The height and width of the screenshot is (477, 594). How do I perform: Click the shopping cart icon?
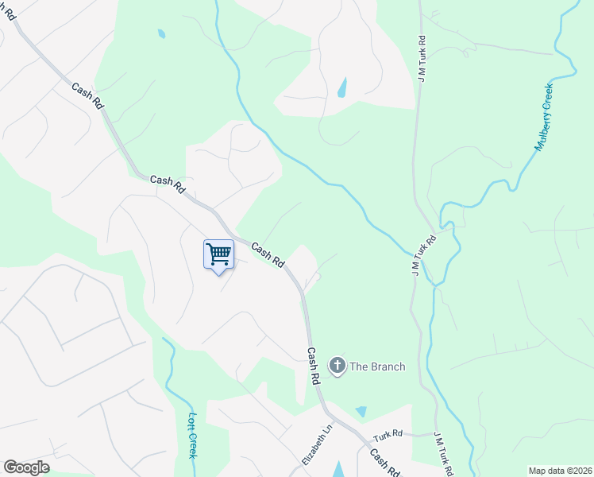tap(218, 254)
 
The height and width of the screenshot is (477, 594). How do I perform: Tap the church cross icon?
tap(337, 366)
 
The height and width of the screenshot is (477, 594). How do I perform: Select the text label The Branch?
tap(378, 366)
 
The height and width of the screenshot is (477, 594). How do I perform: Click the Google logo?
tap(26, 467)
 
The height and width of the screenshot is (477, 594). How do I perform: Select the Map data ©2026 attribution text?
tap(560, 471)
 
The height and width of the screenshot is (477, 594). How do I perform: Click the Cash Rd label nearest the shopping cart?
tap(268, 254)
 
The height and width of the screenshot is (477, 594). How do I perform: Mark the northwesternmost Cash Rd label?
tap(87, 97)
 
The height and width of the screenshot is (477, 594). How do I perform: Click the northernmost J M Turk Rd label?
tap(422, 57)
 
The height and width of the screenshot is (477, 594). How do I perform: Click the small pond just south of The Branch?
tap(362, 412)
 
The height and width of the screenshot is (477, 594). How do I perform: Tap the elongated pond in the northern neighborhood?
tap(342, 87)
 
